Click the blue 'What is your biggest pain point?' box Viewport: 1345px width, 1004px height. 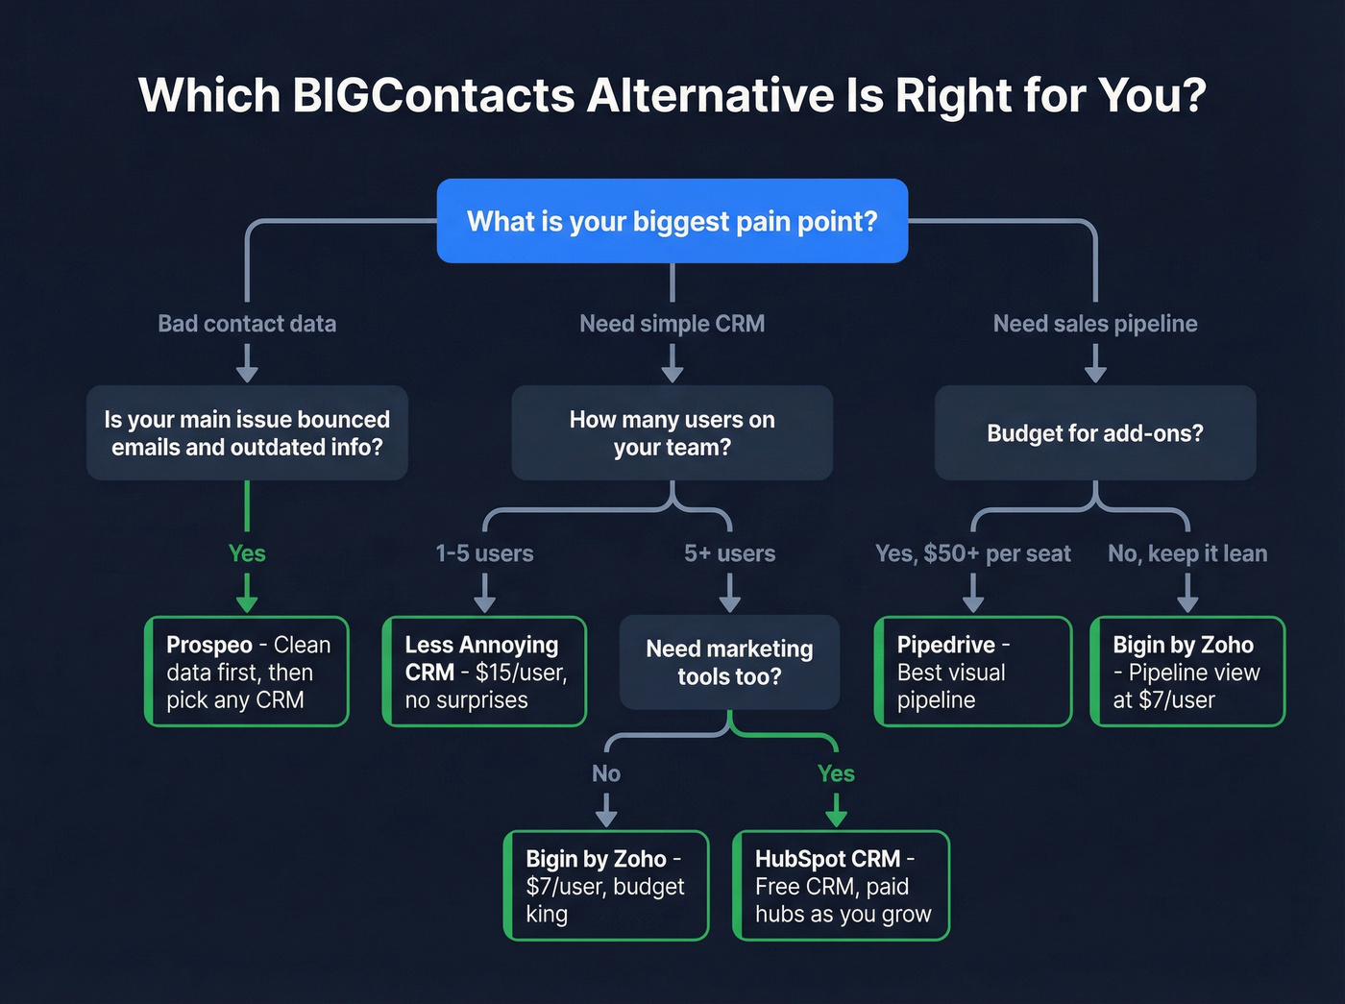point(672,221)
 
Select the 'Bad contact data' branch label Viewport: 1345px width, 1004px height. point(247,324)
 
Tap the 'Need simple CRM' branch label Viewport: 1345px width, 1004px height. point(672,324)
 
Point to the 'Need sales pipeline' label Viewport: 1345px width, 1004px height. point(1094,324)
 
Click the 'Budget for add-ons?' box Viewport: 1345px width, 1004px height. point(1094,433)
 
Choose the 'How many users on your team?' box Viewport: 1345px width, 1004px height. point(672,433)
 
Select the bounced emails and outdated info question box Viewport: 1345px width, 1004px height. point(247,433)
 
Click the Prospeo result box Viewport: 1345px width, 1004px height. point(247,672)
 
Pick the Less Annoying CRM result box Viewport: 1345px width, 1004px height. point(484,672)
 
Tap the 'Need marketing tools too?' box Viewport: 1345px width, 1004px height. point(729,663)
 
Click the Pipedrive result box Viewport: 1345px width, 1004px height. point(972,672)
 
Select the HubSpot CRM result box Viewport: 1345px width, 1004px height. point(841,886)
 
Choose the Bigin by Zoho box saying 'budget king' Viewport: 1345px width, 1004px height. point(606,886)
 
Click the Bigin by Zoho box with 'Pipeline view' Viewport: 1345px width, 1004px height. point(1187,672)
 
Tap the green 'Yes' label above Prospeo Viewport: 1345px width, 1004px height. point(247,553)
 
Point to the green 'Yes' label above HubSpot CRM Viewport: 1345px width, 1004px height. point(836,773)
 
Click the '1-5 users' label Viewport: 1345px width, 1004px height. point(484,553)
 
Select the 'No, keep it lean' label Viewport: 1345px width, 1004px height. point(1187,553)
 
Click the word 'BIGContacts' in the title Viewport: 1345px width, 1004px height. point(433,95)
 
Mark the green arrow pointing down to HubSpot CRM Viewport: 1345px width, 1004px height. point(836,811)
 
